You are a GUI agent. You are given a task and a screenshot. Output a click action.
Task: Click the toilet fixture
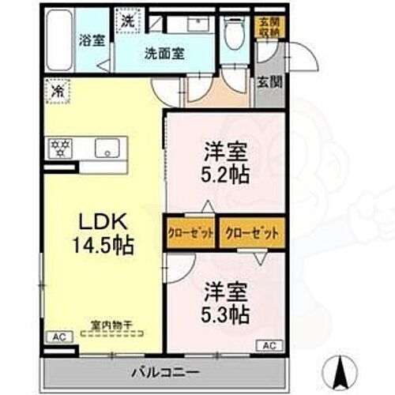pyautogui.click(x=232, y=32)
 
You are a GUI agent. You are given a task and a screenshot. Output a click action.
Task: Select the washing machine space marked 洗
pyautogui.click(x=127, y=21)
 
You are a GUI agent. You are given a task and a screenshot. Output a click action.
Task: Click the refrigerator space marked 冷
pyautogui.click(x=56, y=91)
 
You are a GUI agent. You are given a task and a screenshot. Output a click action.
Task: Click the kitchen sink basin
pyautogui.click(x=105, y=148)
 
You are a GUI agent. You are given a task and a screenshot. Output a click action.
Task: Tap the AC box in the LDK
pyautogui.click(x=60, y=337)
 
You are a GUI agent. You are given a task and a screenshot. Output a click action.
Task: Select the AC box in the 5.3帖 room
pyautogui.click(x=268, y=344)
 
